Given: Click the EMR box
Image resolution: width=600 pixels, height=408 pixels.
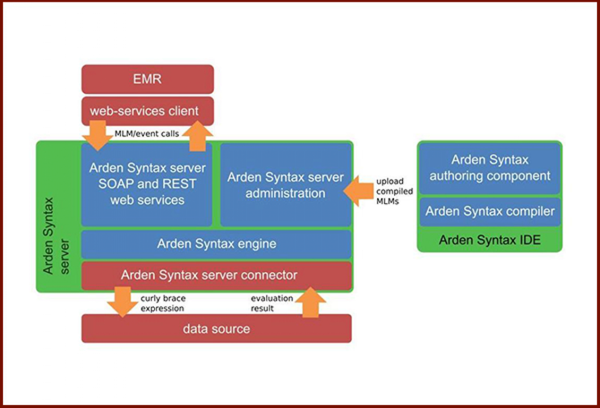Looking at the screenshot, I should tap(147, 80).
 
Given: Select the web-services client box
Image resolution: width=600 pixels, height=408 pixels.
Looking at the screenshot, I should tap(147, 111).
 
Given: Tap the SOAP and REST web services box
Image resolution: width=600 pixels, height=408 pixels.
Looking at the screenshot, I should tap(147, 184).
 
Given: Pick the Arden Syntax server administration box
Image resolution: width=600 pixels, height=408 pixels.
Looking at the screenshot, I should tap(286, 184).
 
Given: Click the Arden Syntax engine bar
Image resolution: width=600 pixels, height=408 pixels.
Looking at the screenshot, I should tap(217, 244).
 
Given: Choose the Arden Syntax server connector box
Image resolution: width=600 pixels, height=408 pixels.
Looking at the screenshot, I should tap(217, 275).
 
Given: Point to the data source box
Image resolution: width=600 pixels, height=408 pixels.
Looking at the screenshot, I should tap(217, 329).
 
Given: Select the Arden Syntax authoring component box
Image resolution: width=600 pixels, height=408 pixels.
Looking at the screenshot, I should tap(490, 167).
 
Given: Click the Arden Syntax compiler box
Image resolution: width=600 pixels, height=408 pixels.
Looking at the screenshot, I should tap(490, 211).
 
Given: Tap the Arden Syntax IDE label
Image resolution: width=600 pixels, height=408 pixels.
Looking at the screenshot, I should tap(490, 240).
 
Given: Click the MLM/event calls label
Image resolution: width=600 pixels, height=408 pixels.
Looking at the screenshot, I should tap(147, 134).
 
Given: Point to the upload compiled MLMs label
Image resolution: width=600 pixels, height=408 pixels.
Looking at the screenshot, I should tap(395, 191).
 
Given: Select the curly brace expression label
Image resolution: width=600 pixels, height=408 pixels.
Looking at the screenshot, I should tap(162, 303).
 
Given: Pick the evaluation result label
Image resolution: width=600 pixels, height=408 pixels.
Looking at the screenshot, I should tap(271, 303).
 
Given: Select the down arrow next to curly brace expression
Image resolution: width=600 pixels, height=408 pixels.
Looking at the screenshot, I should tap(122, 302).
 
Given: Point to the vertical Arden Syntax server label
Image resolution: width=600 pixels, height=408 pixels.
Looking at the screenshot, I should tap(55, 235).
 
